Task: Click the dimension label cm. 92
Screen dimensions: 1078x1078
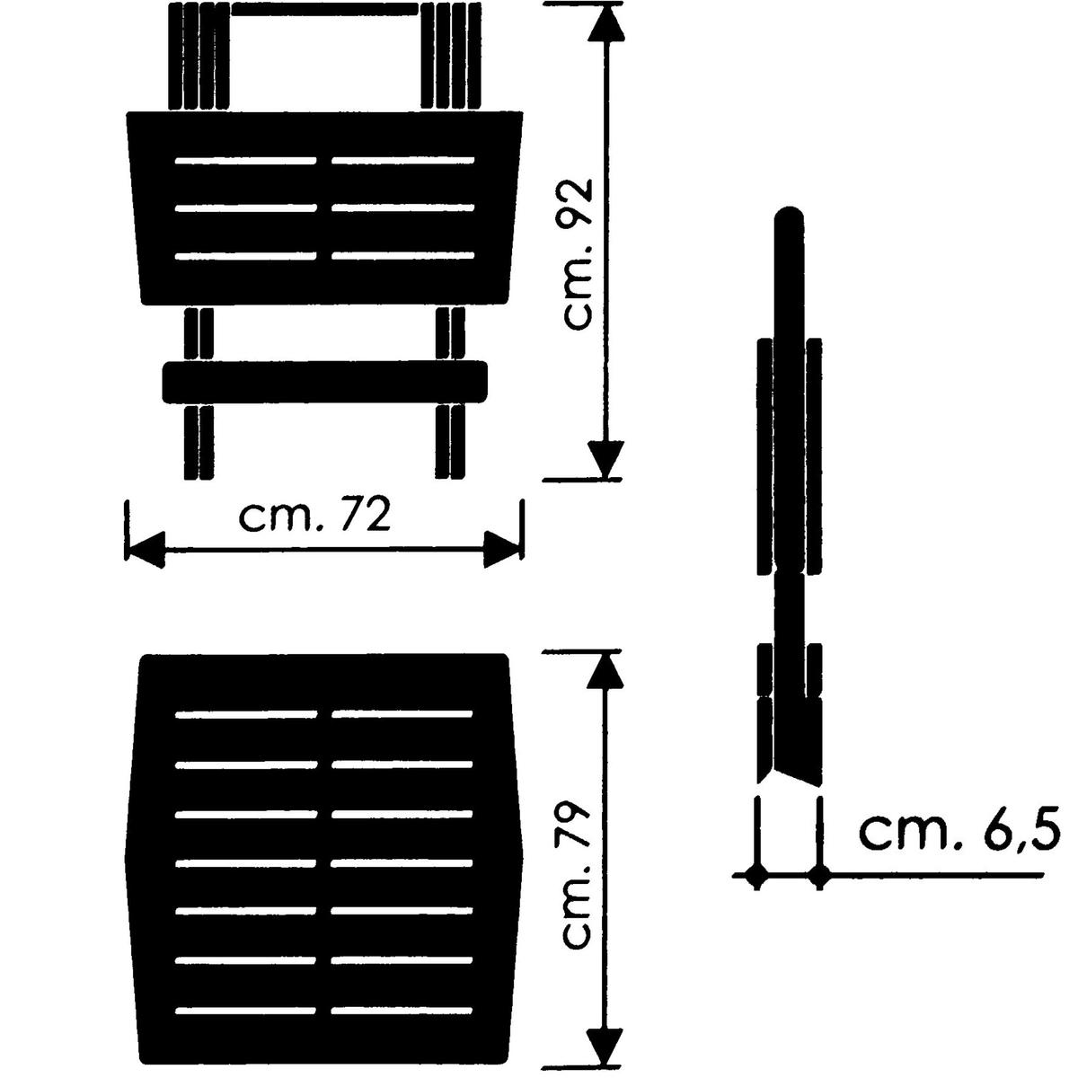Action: point(578,253)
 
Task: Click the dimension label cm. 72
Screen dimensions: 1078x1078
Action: point(314,516)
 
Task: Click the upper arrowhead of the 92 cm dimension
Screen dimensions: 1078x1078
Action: point(605,23)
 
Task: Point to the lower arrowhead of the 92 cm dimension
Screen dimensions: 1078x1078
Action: point(605,459)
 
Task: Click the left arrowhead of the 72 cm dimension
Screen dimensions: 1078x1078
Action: point(146,550)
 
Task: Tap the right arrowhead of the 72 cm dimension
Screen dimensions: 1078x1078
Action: point(503,550)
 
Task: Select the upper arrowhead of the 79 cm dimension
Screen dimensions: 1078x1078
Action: point(605,670)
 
